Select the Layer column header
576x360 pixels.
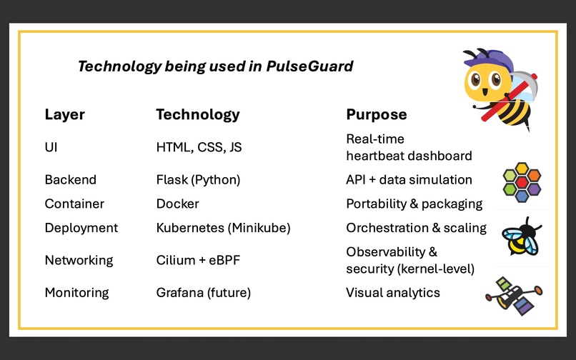(65, 114)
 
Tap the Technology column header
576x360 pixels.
(198, 114)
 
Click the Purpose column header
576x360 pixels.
(377, 114)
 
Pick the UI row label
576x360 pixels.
(51, 147)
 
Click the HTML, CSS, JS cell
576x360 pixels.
(199, 147)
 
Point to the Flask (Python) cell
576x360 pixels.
(198, 180)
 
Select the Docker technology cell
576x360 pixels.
(177, 204)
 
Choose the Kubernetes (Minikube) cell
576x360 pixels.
(224, 228)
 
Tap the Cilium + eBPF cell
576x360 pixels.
(198, 260)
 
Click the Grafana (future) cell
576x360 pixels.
(204, 292)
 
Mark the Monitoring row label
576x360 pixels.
(76, 292)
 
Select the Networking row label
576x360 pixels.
(79, 260)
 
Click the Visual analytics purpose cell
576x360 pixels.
(393, 292)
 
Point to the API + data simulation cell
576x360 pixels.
(409, 180)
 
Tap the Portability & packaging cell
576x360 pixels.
(414, 204)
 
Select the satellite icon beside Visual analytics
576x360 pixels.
(513, 295)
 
